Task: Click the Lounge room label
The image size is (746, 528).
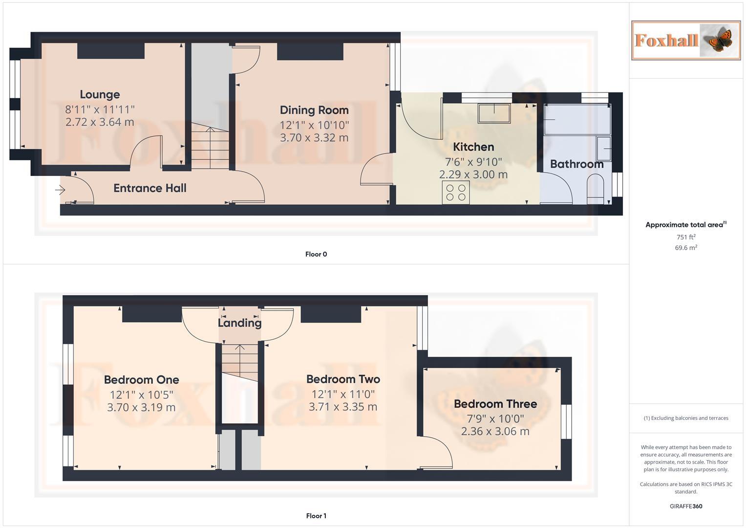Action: click(x=100, y=94)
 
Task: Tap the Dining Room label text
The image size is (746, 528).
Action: click(x=314, y=110)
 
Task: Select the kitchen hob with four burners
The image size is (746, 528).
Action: click(x=456, y=192)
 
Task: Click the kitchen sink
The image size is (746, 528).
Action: click(x=494, y=113)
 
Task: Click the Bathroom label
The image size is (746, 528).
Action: click(x=576, y=164)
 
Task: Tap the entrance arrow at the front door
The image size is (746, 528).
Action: click(x=61, y=190)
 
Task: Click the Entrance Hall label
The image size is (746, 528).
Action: click(x=149, y=188)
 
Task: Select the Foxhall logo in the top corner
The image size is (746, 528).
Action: click(x=685, y=40)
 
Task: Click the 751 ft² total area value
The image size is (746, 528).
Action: click(x=686, y=237)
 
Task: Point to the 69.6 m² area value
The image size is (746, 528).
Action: click(x=686, y=248)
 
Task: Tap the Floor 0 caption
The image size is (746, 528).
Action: click(x=316, y=254)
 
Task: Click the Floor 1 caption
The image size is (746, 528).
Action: click(x=316, y=516)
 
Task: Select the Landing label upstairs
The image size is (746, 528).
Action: click(x=239, y=323)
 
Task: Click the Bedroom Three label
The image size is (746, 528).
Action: click(x=495, y=404)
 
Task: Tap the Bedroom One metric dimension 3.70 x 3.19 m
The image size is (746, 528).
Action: click(x=141, y=407)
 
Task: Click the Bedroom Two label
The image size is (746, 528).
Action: click(x=343, y=379)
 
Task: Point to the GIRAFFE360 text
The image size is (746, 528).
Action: click(x=686, y=506)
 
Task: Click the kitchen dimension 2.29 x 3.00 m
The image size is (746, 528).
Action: click(x=473, y=175)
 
